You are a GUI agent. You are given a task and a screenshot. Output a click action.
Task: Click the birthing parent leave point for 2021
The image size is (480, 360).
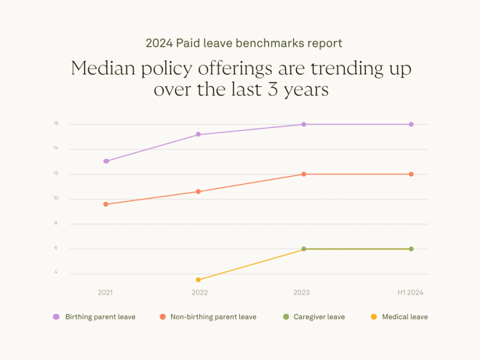(106, 161)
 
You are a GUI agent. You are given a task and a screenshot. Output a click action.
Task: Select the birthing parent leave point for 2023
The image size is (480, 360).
(304, 124)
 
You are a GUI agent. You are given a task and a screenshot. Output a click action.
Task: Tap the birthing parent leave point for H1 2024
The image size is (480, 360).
(411, 124)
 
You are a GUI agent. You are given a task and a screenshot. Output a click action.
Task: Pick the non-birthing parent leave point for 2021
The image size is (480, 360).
(106, 204)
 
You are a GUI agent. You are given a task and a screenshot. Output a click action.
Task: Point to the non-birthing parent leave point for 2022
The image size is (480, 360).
(198, 191)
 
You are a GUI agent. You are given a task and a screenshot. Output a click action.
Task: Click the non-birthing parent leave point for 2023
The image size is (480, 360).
(304, 174)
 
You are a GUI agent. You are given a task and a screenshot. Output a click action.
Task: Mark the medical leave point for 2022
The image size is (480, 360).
(198, 280)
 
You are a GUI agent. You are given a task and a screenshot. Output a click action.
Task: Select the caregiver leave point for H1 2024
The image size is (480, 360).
(411, 249)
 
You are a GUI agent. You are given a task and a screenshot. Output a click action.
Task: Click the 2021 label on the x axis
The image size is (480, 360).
(106, 292)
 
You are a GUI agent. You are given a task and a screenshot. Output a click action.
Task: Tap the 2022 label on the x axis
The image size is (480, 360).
(200, 292)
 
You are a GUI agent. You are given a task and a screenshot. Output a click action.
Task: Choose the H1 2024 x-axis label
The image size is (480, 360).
(411, 292)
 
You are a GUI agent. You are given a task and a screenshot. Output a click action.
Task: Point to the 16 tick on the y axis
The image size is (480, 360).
(55, 124)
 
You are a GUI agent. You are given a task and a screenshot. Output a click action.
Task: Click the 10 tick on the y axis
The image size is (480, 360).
(55, 198)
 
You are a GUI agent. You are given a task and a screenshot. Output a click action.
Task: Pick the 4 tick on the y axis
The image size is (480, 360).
(55, 273)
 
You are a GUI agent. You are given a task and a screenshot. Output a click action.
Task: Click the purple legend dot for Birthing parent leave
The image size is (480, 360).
(56, 317)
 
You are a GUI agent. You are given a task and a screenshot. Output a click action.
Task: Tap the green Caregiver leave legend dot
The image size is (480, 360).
(285, 317)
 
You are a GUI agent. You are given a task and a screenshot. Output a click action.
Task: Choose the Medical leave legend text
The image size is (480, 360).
(405, 317)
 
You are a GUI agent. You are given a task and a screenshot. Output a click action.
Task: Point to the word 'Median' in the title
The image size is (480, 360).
(105, 70)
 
